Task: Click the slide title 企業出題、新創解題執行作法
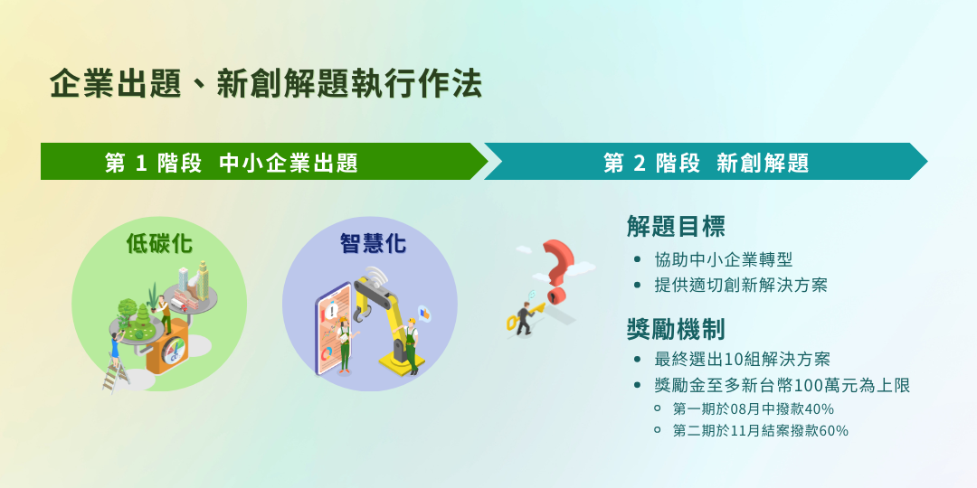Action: pos(266,85)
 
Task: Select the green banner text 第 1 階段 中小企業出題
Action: pos(232,163)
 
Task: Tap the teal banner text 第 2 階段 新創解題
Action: pos(706,163)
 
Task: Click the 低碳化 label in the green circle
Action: pos(159,243)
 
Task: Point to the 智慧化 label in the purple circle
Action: pos(374,243)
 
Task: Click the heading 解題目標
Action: pos(676,227)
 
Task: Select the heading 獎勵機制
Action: pos(676,330)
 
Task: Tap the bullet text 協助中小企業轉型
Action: pos(724,259)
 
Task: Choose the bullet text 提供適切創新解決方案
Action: pos(741,286)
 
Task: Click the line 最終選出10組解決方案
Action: pos(742,359)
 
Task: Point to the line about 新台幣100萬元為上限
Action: pos(783,385)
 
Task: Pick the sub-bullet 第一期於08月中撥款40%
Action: pos(754,409)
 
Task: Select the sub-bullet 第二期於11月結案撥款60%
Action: pos(761,430)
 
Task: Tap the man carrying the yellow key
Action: pos(524,317)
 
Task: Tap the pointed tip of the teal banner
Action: pos(927,162)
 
